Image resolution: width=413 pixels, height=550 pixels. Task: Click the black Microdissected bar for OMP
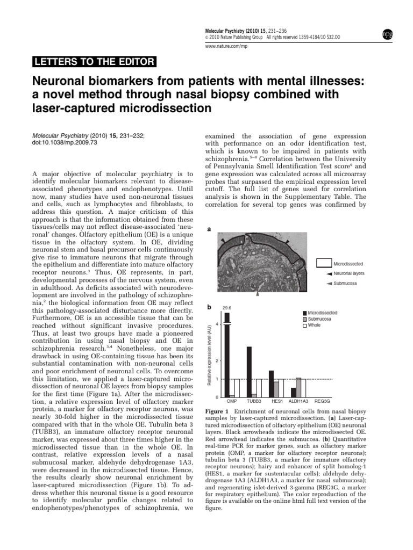[x=227, y=354]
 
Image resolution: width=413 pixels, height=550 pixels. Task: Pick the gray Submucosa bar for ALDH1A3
[x=298, y=387]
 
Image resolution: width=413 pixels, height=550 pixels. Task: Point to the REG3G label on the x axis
[x=322, y=401]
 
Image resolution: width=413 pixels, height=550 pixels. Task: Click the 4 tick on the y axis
[x=216, y=324]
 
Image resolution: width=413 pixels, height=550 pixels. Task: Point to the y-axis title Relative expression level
[x=209, y=354]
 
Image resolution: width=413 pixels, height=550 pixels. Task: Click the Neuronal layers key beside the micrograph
[x=345, y=273]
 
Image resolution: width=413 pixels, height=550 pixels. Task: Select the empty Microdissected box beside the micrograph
[x=323, y=263]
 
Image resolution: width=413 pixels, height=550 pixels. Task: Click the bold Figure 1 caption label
[x=219, y=410]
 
